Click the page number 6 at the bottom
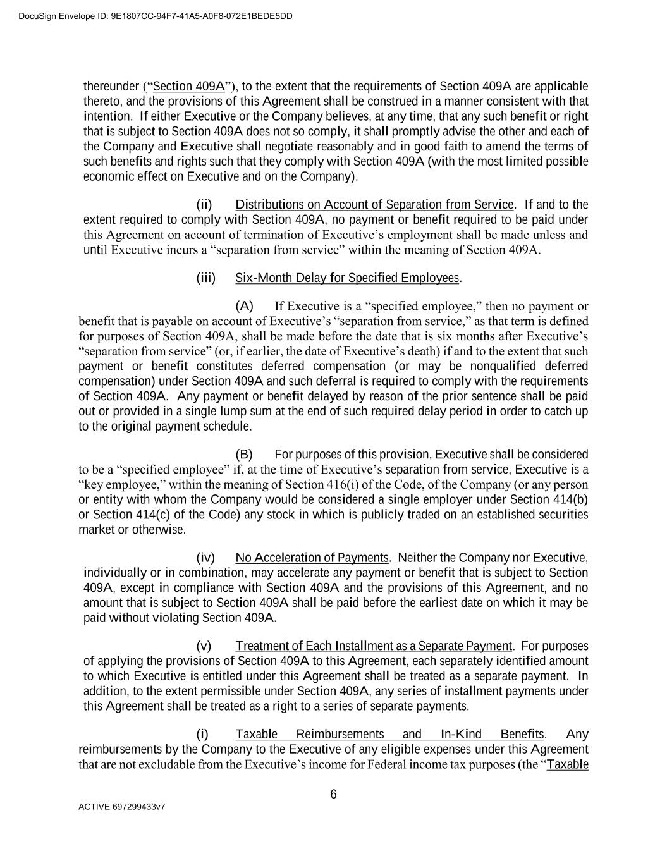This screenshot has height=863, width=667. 333,795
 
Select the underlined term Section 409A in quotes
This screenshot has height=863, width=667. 189,87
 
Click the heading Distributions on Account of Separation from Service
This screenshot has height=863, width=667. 374,205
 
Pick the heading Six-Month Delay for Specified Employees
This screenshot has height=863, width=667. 347,278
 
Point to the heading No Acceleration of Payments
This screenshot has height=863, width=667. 312,558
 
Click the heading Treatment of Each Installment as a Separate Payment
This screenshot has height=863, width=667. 373,646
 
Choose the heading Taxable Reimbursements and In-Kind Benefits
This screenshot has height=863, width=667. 389,735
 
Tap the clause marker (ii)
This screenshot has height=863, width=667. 204,205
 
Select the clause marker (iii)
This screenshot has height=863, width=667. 206,278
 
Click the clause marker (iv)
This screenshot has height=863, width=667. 205,558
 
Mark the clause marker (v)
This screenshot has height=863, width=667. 204,646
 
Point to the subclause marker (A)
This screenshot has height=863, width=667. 244,307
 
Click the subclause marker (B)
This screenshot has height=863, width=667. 244,455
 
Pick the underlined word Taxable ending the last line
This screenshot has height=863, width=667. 567,764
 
